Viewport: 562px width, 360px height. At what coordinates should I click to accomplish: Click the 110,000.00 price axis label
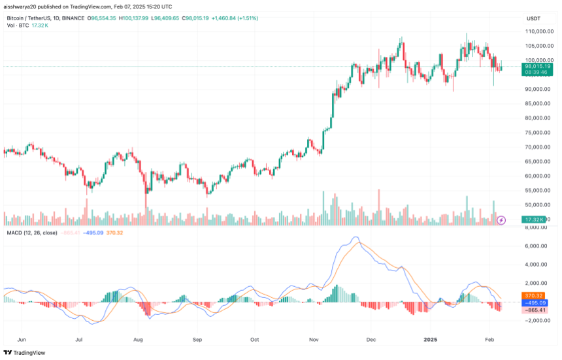coord(540,31)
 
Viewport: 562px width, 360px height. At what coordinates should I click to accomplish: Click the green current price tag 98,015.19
coord(537,67)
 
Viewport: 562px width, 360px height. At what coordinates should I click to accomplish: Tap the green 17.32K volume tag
coord(537,220)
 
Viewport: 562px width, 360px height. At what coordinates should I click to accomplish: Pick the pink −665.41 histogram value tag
coord(537,310)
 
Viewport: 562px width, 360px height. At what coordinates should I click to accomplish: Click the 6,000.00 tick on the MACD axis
coord(540,246)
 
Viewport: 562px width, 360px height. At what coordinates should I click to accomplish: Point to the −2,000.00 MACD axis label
coord(539,321)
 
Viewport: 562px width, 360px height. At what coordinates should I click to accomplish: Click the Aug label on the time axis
coord(138,340)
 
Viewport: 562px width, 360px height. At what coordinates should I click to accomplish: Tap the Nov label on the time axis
coord(313,340)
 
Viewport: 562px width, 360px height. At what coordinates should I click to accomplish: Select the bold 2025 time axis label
coord(431,340)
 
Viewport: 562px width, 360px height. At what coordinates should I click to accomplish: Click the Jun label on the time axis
coord(22,340)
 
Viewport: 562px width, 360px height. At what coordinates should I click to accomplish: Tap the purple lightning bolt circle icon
coord(501,220)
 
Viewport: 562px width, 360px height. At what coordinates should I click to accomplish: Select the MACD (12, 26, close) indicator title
coord(31,233)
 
